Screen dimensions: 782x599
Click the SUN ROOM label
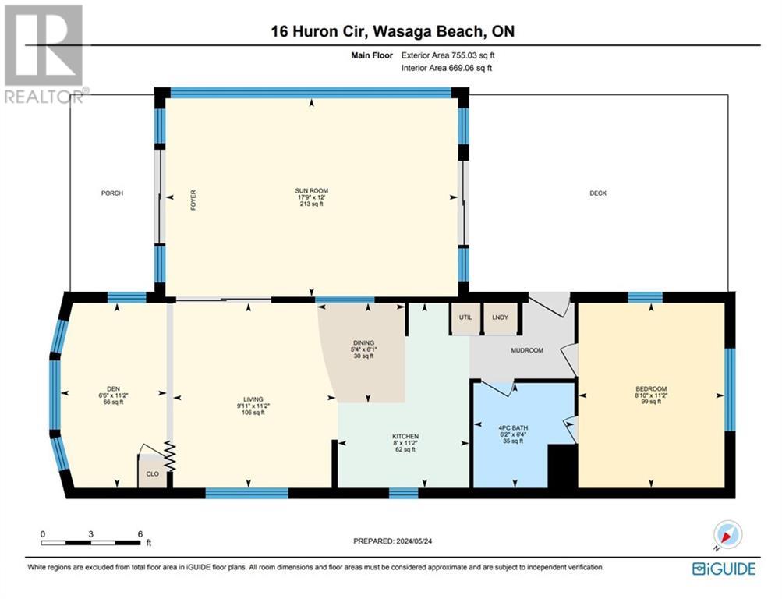coord(312,190)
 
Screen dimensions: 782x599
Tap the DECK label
coord(598,193)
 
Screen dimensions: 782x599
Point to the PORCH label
coord(112,193)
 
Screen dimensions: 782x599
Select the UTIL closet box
coord(465,317)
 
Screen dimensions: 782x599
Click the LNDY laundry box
coord(501,317)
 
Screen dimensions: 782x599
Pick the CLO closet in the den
coord(152,471)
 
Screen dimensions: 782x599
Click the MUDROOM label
coord(526,350)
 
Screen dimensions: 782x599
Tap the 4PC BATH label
coord(513,428)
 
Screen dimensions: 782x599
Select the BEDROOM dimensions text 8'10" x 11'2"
coord(651,395)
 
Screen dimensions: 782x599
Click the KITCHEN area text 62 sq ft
coord(405,449)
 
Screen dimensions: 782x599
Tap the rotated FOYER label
coord(193,200)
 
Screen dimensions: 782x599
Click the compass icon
coord(727,535)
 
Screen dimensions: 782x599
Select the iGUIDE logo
coord(724,569)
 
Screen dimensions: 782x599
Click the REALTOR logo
coord(44,54)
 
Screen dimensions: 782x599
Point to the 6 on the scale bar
coord(140,533)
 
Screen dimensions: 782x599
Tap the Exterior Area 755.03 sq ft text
coord(448,55)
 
